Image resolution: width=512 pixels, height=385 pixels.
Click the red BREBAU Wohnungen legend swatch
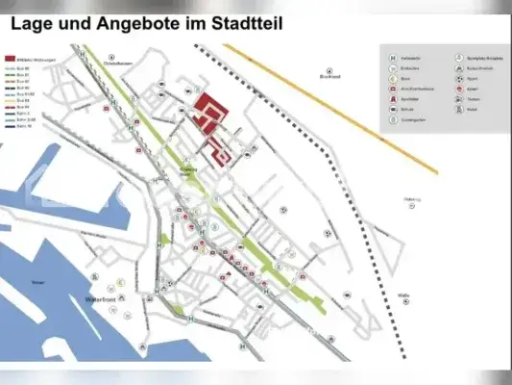click(x=10, y=58)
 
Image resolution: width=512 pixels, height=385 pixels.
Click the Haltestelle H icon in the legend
click(x=391, y=57)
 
